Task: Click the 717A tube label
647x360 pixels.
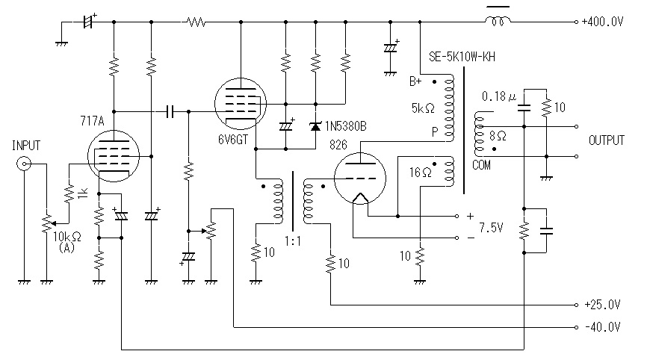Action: click(x=92, y=121)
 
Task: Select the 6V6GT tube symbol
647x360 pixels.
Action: click(x=241, y=104)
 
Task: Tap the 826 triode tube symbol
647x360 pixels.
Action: click(x=360, y=178)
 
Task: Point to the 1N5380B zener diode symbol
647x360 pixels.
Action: click(x=316, y=126)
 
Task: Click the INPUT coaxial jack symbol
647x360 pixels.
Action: click(x=23, y=164)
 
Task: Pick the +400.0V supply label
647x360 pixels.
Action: click(x=602, y=22)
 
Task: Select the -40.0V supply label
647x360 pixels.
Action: click(x=603, y=327)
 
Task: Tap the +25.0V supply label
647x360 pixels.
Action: click(x=602, y=305)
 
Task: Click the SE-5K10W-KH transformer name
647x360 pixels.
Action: click(x=462, y=57)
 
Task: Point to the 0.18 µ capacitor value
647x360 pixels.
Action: click(x=499, y=96)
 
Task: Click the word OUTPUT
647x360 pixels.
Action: click(x=606, y=140)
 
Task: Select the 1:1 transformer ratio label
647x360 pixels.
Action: click(x=293, y=240)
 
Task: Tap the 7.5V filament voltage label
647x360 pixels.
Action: click(x=491, y=227)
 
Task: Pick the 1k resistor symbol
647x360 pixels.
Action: click(x=69, y=193)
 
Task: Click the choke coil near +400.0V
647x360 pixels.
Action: click(x=498, y=21)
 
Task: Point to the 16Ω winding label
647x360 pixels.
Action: click(x=420, y=173)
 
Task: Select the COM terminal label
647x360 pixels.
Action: click(x=481, y=165)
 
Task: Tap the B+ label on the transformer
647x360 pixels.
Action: click(x=415, y=81)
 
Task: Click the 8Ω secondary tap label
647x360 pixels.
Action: click(x=498, y=136)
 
